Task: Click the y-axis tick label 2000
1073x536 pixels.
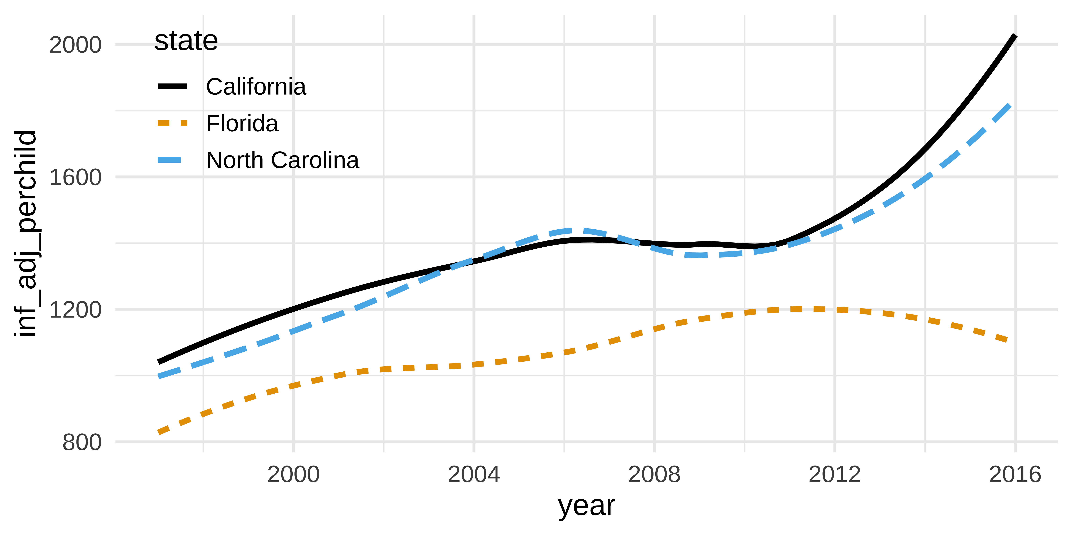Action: coord(75,45)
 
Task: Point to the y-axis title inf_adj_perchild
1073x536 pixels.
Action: coord(26,233)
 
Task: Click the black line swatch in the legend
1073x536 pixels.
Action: coord(172,87)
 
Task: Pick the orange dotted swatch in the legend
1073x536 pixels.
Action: coord(172,123)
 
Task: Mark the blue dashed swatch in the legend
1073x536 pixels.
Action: coord(172,160)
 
